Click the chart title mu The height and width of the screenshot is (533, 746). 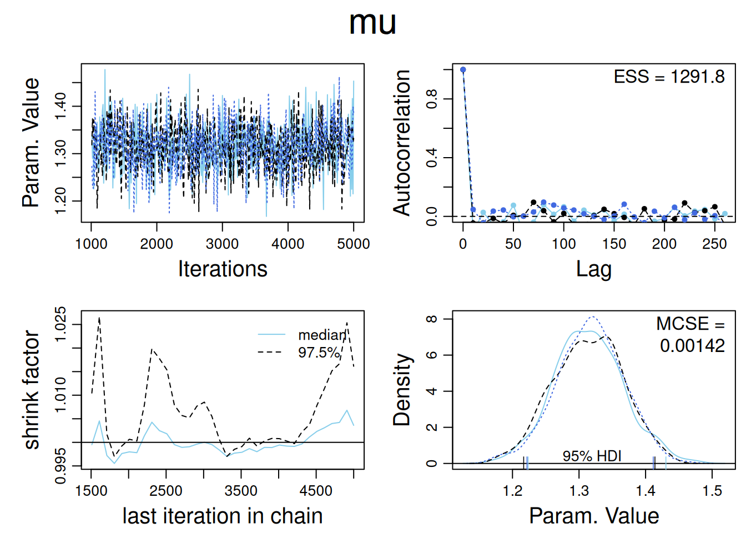[372, 23]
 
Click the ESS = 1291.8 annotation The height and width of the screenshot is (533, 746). [669, 77]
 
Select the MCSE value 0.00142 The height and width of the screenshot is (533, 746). [692, 346]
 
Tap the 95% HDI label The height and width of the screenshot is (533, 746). [592, 456]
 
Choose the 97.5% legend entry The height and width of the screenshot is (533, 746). [319, 353]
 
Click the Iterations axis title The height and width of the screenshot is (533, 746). [223, 269]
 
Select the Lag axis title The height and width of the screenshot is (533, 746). [593, 269]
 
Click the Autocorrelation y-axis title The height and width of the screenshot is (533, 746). [402, 143]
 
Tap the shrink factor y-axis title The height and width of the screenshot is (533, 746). [32, 390]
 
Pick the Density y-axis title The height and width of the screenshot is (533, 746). [402, 390]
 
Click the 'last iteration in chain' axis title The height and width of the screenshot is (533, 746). [223, 516]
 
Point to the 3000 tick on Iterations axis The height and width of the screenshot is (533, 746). [222, 244]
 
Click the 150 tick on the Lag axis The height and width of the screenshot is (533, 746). [614, 244]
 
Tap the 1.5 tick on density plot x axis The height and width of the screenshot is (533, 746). [712, 491]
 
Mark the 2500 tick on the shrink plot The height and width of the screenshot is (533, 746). [166, 491]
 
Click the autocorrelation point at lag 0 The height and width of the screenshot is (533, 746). [463, 70]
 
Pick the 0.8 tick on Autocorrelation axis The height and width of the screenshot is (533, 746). [432, 99]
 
